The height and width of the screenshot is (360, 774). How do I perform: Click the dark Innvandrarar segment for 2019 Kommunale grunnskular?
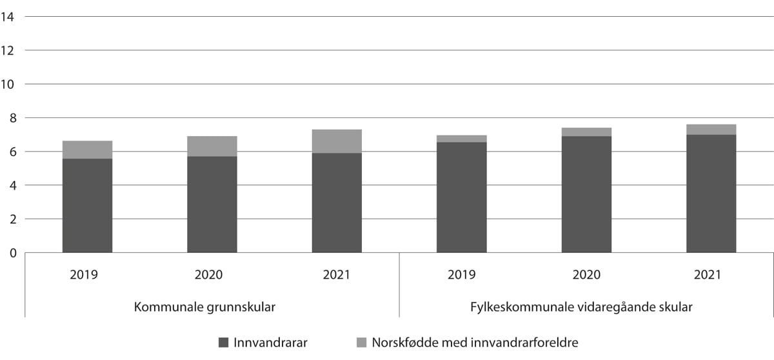[87, 205]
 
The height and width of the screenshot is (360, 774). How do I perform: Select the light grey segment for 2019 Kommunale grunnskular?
[87, 150]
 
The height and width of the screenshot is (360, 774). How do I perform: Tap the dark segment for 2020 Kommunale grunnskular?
[212, 204]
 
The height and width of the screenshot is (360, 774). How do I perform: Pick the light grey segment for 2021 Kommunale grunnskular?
[337, 141]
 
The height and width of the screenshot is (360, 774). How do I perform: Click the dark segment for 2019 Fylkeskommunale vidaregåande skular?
[461, 197]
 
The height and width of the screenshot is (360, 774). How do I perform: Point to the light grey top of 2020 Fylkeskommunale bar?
[586, 132]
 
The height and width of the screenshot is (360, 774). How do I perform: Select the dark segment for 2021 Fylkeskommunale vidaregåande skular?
[711, 194]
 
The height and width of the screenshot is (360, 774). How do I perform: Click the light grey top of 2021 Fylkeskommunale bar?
[711, 130]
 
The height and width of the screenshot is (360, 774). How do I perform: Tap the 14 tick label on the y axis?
[8, 17]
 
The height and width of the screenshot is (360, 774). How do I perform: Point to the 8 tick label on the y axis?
[12, 118]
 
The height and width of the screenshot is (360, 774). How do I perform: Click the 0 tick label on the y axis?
[12, 253]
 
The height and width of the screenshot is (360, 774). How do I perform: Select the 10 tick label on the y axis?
[8, 85]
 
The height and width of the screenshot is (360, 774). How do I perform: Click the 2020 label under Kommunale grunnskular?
[208, 275]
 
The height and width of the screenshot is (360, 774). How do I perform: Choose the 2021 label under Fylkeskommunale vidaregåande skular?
[708, 275]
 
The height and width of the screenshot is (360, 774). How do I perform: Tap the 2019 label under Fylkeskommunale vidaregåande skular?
[462, 275]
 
